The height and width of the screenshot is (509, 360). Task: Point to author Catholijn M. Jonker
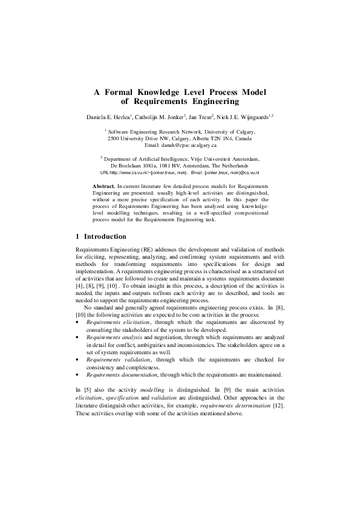pos(169,115)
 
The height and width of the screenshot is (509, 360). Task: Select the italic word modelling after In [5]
pos(152,391)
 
